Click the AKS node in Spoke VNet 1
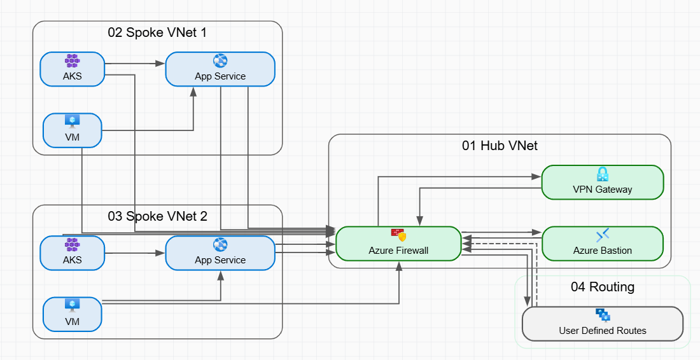coord(72,69)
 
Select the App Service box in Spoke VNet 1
coord(220,69)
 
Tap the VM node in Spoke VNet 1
coord(72,130)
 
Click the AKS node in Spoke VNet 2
coord(72,253)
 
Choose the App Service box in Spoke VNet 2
coord(220,253)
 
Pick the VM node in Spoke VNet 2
coord(72,314)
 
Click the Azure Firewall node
coord(398,244)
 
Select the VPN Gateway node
coord(602,183)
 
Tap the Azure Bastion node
coord(602,244)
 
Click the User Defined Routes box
coord(602,324)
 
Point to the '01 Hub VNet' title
coord(500,146)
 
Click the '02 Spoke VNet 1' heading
coord(157,32)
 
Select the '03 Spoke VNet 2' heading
coord(157,216)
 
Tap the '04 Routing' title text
coord(602,287)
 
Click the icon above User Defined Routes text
coord(602,315)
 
